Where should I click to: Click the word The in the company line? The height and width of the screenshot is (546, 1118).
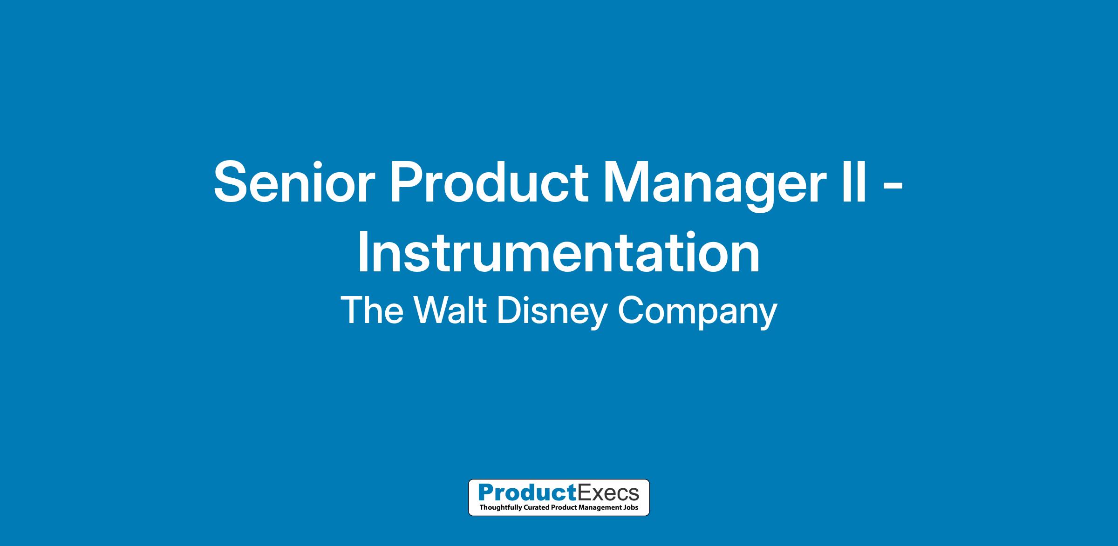(372, 310)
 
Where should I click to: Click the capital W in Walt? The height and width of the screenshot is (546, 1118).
(429, 310)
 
